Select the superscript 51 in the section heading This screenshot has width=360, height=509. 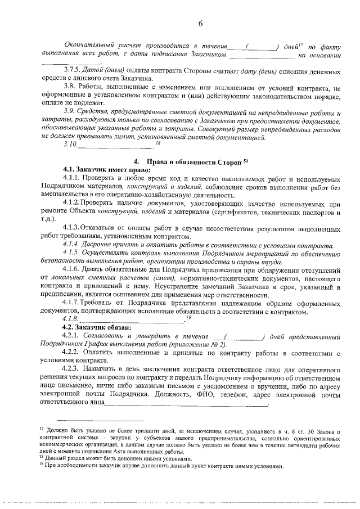(x=246, y=160)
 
